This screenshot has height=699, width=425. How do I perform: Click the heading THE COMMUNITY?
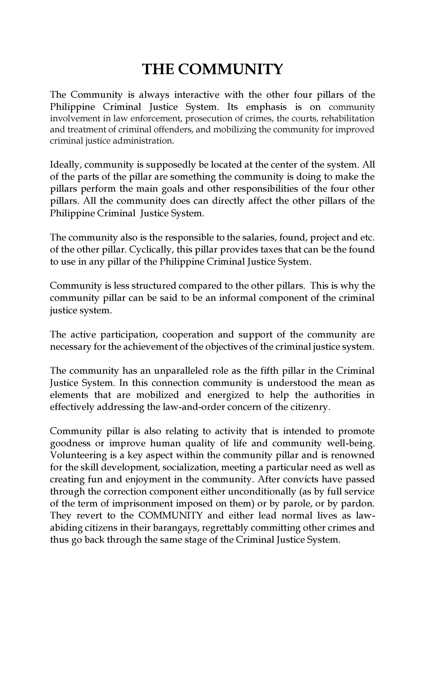(x=212, y=69)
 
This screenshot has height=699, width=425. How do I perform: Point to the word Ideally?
(x=66, y=164)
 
